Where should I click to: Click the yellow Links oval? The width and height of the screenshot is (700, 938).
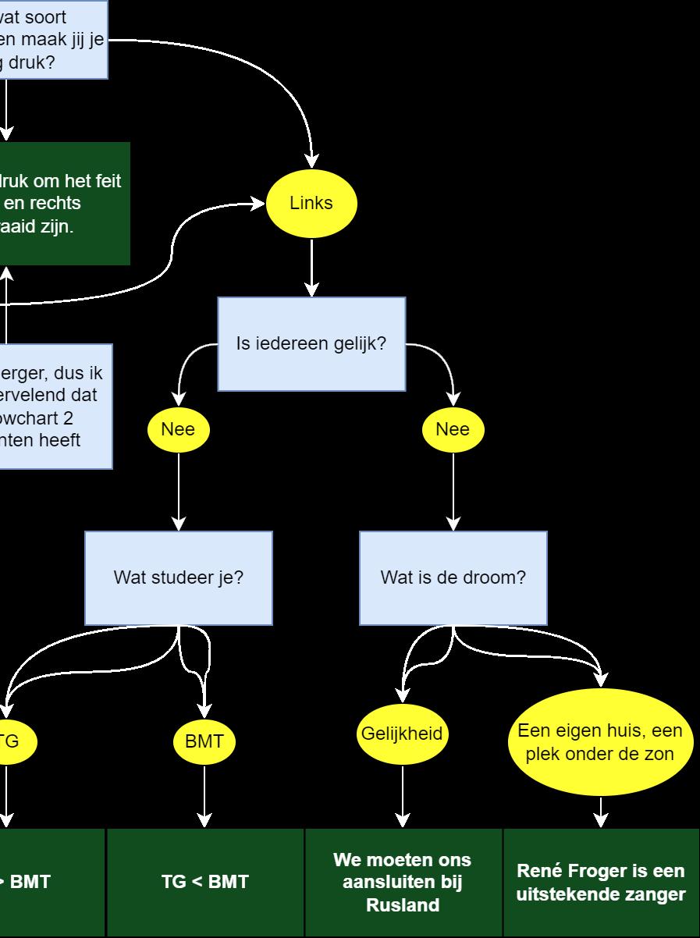pyautogui.click(x=311, y=203)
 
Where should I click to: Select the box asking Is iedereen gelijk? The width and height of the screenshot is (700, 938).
pyautogui.click(x=311, y=343)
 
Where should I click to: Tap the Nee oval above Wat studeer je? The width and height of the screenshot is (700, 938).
pyautogui.click(x=178, y=429)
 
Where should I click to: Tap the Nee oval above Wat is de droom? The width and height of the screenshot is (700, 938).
pyautogui.click(x=453, y=429)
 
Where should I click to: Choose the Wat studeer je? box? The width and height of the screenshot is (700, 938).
pyautogui.click(x=179, y=578)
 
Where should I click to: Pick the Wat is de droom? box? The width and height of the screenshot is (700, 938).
pyautogui.click(x=453, y=578)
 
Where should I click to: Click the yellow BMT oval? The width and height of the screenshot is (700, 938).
pyautogui.click(x=204, y=741)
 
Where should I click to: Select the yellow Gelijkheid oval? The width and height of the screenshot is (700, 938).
pyautogui.click(x=402, y=734)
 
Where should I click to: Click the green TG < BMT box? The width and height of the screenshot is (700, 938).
pyautogui.click(x=204, y=882)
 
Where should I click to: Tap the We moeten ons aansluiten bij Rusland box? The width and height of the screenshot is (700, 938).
pyautogui.click(x=403, y=882)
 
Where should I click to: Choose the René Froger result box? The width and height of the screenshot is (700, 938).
pyautogui.click(x=601, y=882)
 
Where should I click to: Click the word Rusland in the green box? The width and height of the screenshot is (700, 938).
pyautogui.click(x=403, y=905)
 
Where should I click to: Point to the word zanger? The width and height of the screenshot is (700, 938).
pyautogui.click(x=657, y=894)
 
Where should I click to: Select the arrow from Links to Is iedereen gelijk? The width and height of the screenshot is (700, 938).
pyautogui.click(x=311, y=268)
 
